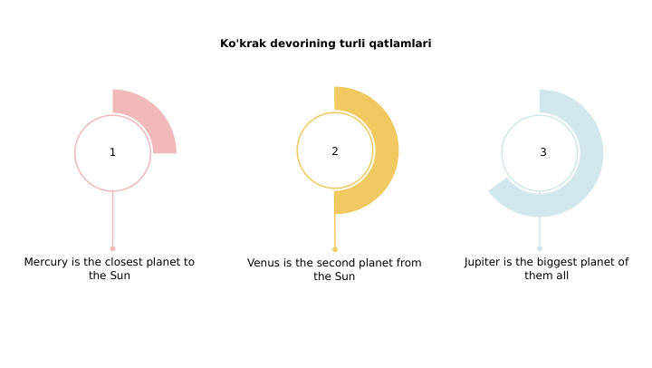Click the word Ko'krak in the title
pyautogui.click(x=241, y=44)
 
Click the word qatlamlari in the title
pyautogui.click(x=400, y=44)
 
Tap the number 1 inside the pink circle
pyautogui.click(x=112, y=152)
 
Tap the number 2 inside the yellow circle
pyautogui.click(x=335, y=151)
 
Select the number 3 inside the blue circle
pyautogui.click(x=543, y=152)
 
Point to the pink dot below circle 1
pyautogui.click(x=112, y=248)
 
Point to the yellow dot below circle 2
pyautogui.click(x=335, y=249)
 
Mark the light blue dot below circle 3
pyautogui.click(x=540, y=248)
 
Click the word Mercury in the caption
pyautogui.click(x=46, y=262)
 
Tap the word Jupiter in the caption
pyautogui.click(x=486, y=262)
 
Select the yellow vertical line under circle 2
pyautogui.click(x=335, y=228)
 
